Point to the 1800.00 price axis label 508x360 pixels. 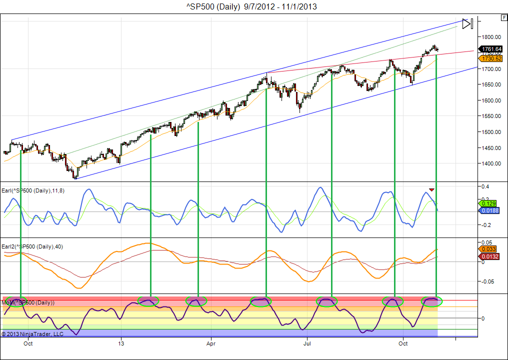(491, 37)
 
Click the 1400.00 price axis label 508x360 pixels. (491, 163)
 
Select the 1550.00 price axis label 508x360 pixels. (491, 116)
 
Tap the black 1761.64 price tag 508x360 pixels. (491, 49)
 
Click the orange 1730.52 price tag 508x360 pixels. (491, 58)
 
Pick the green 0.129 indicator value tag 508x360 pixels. (488, 203)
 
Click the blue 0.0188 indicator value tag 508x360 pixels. (489, 211)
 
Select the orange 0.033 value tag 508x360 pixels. (488, 249)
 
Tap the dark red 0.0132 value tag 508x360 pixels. (489, 257)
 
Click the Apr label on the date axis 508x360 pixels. (211, 343)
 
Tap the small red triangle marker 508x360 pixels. (431, 190)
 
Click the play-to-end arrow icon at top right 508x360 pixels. (467, 23)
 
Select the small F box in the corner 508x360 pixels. (503, 17)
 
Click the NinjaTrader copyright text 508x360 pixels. (32, 333)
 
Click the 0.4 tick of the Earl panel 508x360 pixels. (485, 186)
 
